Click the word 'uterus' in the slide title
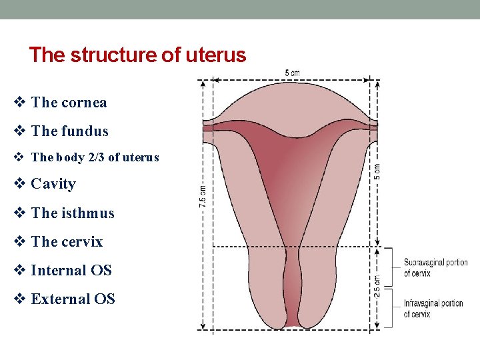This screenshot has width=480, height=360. click(218, 55)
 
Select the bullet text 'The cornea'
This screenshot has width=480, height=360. click(69, 103)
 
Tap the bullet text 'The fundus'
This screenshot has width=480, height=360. click(69, 131)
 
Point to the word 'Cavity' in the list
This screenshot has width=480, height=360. click(53, 184)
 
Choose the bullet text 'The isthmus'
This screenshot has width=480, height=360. click(73, 213)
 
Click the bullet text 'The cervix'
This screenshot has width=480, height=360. click(67, 242)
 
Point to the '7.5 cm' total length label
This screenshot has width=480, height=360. click(203, 196)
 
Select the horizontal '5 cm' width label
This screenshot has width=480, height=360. click(292, 73)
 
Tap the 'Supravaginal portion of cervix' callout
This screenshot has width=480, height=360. click(435, 268)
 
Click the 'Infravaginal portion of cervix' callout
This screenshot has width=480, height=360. click(433, 309)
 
